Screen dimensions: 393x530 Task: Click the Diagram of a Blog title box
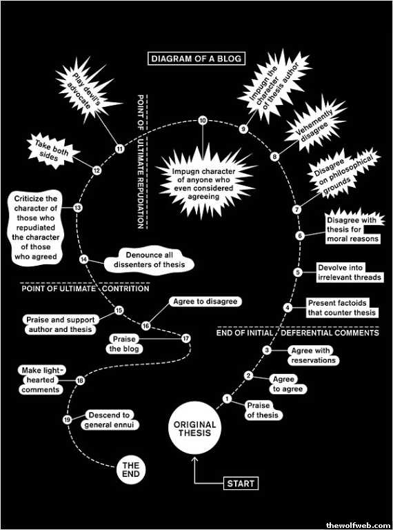(x=196, y=59)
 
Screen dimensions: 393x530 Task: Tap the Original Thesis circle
(x=192, y=429)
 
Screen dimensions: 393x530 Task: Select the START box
(x=241, y=483)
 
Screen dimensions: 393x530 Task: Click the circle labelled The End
(x=131, y=470)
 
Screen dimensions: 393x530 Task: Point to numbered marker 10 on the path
(x=203, y=121)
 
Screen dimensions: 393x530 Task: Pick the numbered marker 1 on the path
(x=228, y=399)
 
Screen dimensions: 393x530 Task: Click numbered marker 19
(x=67, y=420)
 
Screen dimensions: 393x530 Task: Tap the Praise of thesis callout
(x=263, y=410)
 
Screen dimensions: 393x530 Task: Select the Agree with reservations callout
(x=313, y=355)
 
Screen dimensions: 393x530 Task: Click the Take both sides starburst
(x=52, y=150)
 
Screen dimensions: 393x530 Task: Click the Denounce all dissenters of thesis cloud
(x=150, y=260)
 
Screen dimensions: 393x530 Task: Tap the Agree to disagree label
(x=205, y=301)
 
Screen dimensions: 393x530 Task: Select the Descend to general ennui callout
(x=112, y=420)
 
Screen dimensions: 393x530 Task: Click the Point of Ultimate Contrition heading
(x=85, y=289)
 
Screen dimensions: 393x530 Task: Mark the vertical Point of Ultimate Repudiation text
(x=141, y=161)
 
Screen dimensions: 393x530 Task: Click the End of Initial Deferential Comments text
(x=297, y=333)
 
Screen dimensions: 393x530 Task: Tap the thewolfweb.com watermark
(x=357, y=525)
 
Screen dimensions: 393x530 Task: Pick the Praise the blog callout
(x=123, y=344)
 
